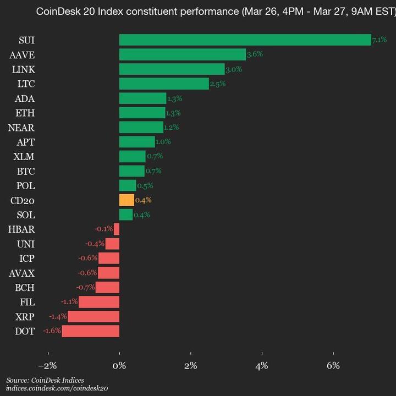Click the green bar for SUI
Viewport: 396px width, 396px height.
(x=245, y=40)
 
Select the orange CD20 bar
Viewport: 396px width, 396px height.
(x=127, y=200)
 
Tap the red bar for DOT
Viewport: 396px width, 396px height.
(x=91, y=331)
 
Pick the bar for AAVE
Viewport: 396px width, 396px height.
(x=183, y=54)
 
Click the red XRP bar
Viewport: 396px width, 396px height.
(x=94, y=316)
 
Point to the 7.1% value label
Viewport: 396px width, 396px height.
(x=380, y=40)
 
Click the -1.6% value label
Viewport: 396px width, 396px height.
(x=52, y=331)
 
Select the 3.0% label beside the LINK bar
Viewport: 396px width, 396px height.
(x=234, y=69)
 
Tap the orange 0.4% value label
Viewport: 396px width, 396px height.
(x=143, y=200)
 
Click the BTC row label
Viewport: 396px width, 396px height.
(x=25, y=171)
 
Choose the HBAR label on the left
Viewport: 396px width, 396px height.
(x=21, y=229)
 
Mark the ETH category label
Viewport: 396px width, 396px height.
(x=25, y=113)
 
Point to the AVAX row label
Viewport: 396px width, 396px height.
(x=21, y=273)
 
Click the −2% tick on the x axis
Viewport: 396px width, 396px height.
(x=48, y=366)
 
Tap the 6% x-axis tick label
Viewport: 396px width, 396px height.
(x=333, y=366)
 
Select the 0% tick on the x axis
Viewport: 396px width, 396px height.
(x=119, y=366)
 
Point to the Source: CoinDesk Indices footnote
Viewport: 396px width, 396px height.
(x=45, y=380)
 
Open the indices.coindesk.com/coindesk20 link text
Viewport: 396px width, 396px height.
(x=57, y=388)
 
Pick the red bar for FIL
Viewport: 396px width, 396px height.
(x=99, y=302)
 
